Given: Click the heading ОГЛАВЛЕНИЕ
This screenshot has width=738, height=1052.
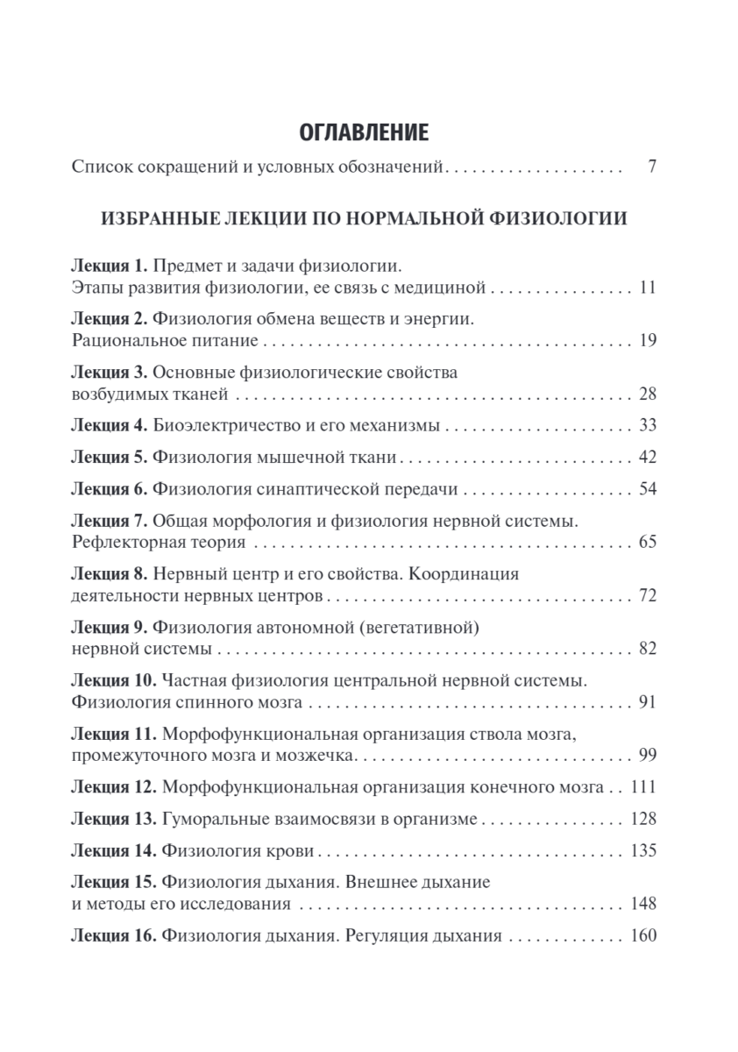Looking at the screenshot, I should (x=365, y=133).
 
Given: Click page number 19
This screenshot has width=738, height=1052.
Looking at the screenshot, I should (x=648, y=339).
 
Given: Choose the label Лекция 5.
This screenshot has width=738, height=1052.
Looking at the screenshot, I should (x=110, y=457).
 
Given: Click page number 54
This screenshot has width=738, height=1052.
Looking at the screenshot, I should (x=648, y=488).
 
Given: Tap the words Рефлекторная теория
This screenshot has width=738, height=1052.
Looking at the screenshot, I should (x=157, y=542).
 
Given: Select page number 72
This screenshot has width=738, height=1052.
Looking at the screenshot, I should (x=648, y=596).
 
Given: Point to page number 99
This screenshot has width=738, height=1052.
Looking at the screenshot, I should (x=648, y=756).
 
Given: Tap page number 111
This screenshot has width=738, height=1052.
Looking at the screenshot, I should (x=643, y=787).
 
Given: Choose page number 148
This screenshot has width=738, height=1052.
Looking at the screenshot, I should (x=643, y=903).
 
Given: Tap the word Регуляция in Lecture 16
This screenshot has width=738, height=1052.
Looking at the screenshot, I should (x=380, y=935).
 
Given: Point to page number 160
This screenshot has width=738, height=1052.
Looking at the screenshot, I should (x=643, y=935).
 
